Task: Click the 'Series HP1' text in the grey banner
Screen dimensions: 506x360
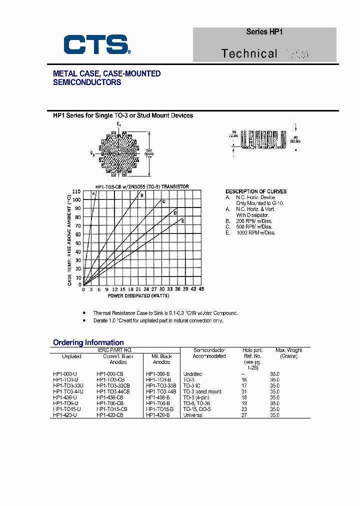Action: (264, 31)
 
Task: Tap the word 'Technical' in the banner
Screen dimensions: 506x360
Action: (249, 53)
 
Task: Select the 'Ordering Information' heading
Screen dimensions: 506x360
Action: (88, 342)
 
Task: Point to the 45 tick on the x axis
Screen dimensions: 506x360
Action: (201, 289)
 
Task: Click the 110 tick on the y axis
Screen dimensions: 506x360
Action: (76, 191)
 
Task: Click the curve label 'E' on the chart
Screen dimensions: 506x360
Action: (182, 220)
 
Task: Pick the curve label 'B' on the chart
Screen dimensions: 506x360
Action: (141, 195)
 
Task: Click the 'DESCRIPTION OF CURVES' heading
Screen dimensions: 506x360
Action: (256, 191)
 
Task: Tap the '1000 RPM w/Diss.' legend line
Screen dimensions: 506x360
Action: (256, 232)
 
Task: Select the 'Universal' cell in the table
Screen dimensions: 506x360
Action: (193, 415)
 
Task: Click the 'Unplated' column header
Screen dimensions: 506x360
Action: (71, 356)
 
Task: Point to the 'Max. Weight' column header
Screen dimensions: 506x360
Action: (288, 350)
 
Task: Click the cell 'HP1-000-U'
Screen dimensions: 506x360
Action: (65, 374)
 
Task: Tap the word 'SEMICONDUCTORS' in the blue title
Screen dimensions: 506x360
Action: (87, 82)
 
